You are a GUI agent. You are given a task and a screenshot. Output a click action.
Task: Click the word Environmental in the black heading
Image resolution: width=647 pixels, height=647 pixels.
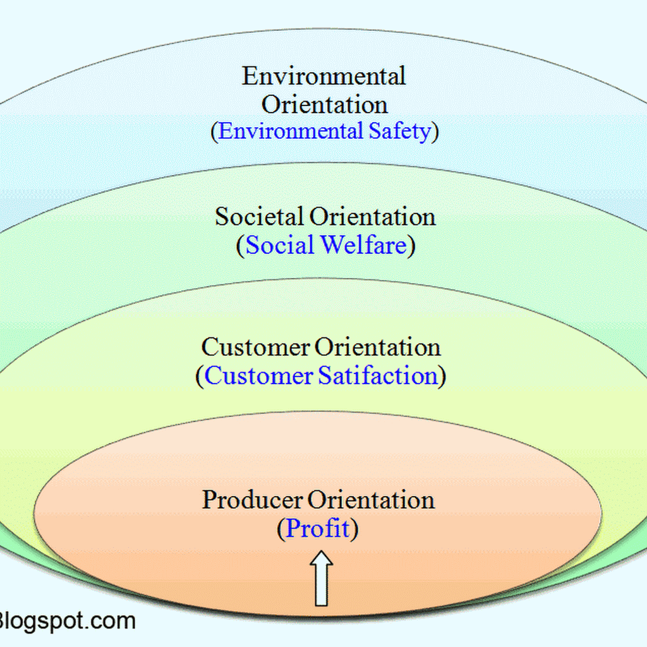(x=323, y=77)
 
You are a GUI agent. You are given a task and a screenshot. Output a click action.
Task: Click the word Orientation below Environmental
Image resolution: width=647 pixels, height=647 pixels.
(x=325, y=104)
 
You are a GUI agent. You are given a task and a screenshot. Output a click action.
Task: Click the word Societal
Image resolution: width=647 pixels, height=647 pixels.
(x=260, y=217)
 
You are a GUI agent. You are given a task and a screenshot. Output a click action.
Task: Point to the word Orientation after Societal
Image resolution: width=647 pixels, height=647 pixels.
(x=372, y=217)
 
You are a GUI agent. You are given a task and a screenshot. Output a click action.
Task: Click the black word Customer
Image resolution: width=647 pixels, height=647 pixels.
(x=255, y=348)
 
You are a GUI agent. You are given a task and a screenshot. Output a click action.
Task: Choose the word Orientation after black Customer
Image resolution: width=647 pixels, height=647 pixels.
(x=378, y=348)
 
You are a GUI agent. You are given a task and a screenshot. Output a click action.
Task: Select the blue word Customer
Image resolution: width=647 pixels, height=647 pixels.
(x=259, y=376)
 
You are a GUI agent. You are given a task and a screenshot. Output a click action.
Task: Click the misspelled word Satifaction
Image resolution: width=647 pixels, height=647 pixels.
(x=378, y=376)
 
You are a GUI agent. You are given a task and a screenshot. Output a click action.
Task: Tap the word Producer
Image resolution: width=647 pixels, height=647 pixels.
(x=252, y=500)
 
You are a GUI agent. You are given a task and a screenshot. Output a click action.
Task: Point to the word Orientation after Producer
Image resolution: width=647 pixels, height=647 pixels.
(x=372, y=500)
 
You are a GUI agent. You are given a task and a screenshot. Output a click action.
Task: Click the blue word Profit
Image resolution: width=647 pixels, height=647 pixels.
(x=318, y=528)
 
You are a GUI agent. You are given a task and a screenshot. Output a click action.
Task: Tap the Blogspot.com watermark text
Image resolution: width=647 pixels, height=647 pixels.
(x=66, y=620)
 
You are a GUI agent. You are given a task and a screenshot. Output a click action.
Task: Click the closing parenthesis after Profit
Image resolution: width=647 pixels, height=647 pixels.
(x=354, y=529)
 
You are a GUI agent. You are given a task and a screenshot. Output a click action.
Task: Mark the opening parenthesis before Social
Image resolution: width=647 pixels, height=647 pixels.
(x=241, y=246)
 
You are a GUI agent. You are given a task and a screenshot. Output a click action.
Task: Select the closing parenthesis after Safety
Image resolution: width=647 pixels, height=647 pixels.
(x=434, y=132)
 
